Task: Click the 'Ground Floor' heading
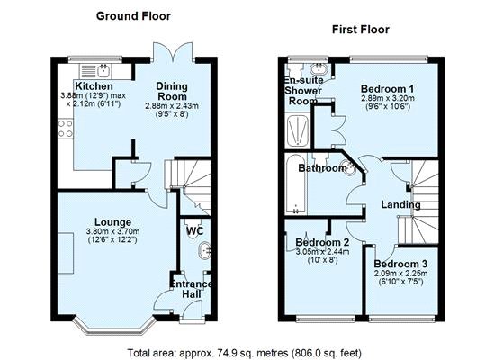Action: point(133,16)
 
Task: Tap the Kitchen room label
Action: point(94,86)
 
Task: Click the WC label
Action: point(194,231)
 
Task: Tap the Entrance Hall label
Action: point(192,291)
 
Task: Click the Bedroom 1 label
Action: point(388,88)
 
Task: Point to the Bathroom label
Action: point(322,168)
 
